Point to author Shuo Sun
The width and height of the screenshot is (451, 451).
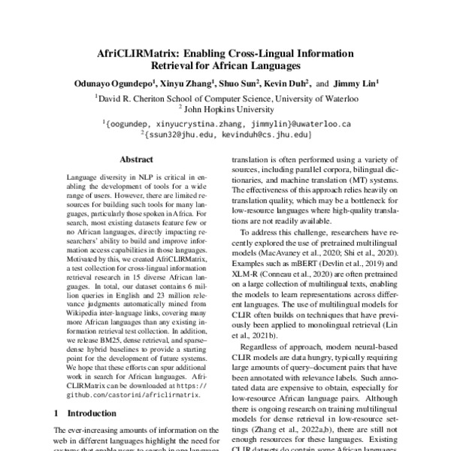(x=239, y=83)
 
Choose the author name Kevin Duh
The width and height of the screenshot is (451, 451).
(x=289, y=83)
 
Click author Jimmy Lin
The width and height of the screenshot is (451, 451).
(x=354, y=83)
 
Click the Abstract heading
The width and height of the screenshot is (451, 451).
(x=135, y=159)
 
